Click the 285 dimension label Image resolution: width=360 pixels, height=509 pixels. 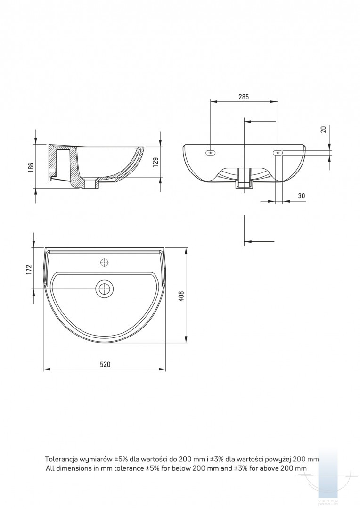(244, 97)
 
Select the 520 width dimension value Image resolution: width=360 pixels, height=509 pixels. (105, 364)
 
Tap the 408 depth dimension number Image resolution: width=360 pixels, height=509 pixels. (181, 296)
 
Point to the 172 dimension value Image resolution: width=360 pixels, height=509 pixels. (29, 270)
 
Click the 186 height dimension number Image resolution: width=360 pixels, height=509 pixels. (31, 167)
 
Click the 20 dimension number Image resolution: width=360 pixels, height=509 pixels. (323, 130)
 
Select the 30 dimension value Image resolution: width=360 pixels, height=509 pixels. (301, 196)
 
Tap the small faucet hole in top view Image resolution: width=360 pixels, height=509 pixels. (105, 262)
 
